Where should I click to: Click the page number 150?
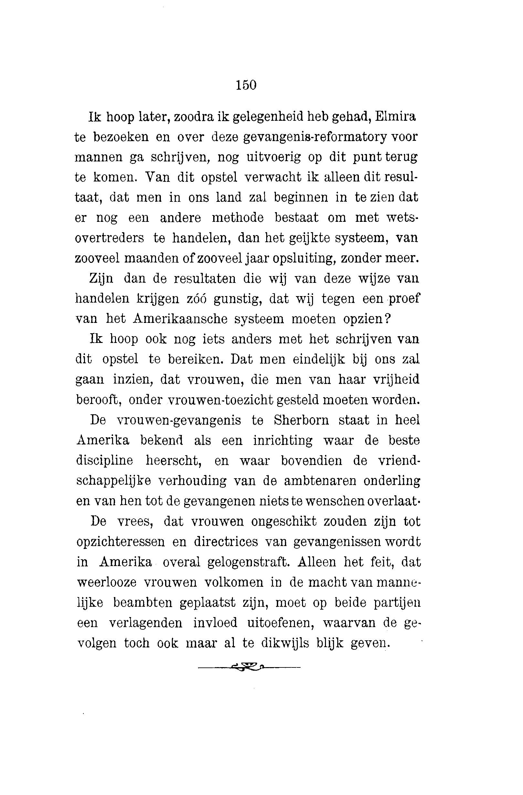(246, 85)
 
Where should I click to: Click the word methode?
(238, 218)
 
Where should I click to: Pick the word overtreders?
(109, 238)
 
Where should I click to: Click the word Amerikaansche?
(180, 319)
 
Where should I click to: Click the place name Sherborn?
(301, 420)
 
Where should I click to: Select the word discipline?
(104, 461)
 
